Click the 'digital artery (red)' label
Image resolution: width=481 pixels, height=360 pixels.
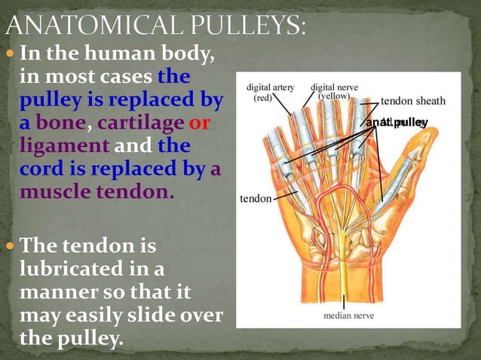tap(271, 92)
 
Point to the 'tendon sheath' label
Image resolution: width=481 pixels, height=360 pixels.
tap(412, 100)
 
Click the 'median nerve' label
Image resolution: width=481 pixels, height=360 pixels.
tap(348, 316)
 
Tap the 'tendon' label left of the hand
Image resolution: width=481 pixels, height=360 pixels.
tap(256, 200)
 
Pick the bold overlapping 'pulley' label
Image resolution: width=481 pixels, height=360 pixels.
tap(397, 122)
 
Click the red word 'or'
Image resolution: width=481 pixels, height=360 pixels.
tap(199, 122)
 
